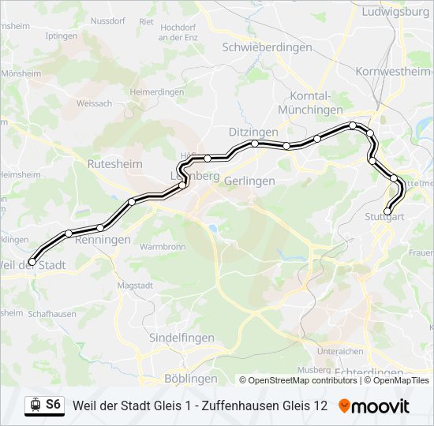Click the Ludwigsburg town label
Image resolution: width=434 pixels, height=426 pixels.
[x=395, y=12]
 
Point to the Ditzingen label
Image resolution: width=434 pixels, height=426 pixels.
[x=253, y=131]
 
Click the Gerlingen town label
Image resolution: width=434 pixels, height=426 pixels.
[x=249, y=181]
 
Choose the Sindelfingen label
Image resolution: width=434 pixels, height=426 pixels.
[x=181, y=337]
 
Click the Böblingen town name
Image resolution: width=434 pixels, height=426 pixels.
[x=191, y=379]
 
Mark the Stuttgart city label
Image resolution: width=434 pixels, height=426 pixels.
[x=385, y=216]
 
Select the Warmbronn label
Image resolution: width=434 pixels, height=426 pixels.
[x=162, y=247]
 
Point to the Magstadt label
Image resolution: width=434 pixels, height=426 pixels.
[x=133, y=285]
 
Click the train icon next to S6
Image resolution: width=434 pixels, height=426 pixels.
[x=35, y=405]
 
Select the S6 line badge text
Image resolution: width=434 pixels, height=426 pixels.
[x=53, y=405]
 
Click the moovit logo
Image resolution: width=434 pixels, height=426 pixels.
[x=374, y=406]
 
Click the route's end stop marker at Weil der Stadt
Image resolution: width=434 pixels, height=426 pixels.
[x=32, y=262]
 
